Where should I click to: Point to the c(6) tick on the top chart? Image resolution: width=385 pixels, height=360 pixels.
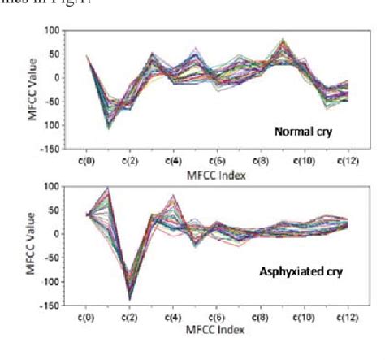pyautogui.click(x=217, y=161)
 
